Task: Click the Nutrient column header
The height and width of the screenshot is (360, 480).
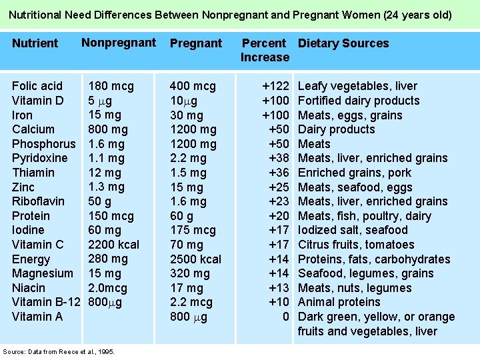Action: point(35,43)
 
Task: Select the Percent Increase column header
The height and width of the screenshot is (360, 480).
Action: point(265,50)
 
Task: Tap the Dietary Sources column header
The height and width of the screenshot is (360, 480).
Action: point(343,43)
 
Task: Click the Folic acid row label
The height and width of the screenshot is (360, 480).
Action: point(37,86)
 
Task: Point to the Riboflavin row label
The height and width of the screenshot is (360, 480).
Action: point(38,201)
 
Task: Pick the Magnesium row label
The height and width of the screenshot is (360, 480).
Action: point(43,273)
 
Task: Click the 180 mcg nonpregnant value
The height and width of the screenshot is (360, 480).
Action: point(111,86)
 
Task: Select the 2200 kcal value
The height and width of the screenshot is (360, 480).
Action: point(113,245)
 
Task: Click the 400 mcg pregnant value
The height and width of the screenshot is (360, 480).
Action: point(193,86)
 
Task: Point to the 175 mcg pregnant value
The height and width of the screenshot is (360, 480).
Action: point(193,230)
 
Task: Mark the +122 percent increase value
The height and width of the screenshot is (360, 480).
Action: point(275,86)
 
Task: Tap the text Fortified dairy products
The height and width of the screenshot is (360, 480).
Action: point(359,101)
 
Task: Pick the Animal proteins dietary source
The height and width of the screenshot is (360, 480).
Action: point(339,302)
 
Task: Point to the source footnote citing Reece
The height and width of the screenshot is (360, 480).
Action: point(59,351)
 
